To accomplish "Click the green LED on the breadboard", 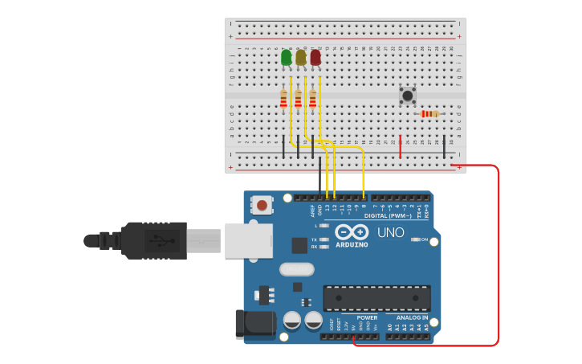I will [x=287, y=58].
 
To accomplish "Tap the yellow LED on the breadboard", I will [x=301, y=58].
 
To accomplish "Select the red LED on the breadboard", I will [x=315, y=58].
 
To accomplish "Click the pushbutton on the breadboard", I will [x=408, y=96].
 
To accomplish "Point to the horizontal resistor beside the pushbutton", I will [x=430, y=114].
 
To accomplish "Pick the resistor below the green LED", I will [x=283, y=99].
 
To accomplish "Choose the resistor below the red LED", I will [x=313, y=99].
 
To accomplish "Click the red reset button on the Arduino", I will [x=263, y=206].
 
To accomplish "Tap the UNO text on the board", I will [x=391, y=232].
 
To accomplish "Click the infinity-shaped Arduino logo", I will [x=352, y=233].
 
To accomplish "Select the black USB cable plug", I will [x=153, y=240].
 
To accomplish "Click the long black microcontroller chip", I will [x=376, y=298].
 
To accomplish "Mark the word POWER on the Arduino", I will [x=367, y=317].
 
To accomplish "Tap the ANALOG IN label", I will [x=413, y=317].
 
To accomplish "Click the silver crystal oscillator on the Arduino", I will [x=296, y=269].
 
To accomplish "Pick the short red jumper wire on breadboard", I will [x=400, y=146].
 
